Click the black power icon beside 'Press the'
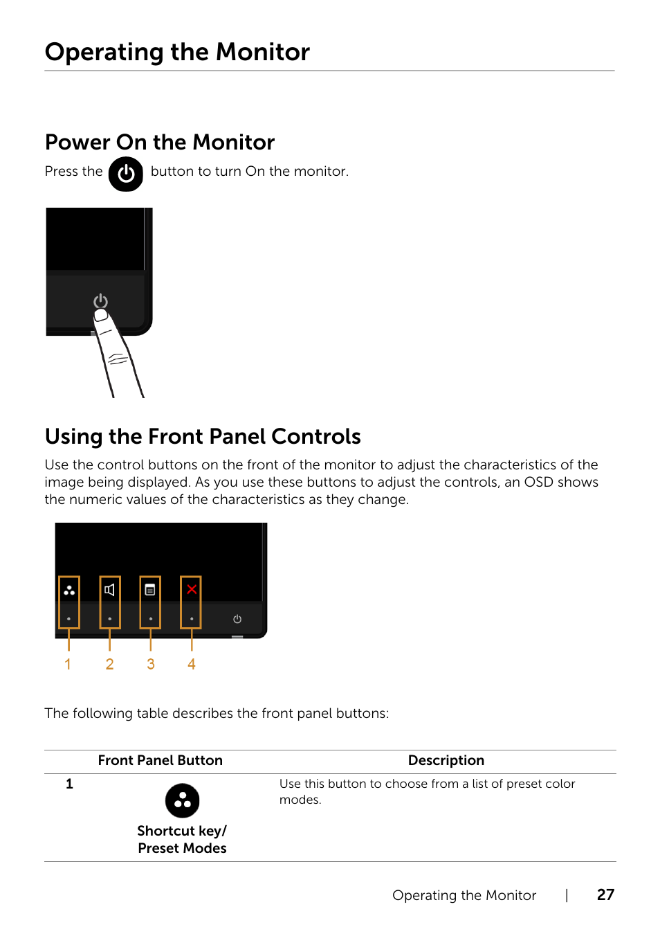[x=126, y=174]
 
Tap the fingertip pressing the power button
[x=102, y=316]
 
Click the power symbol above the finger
[x=101, y=300]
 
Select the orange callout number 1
[x=68, y=665]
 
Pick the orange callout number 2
[x=109, y=665]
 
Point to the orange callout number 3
[x=151, y=665]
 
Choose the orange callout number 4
[x=192, y=665]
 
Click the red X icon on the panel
[x=192, y=589]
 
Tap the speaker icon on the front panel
[x=109, y=590]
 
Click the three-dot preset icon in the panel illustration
[x=69, y=591]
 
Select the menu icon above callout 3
[x=150, y=590]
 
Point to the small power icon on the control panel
[x=237, y=619]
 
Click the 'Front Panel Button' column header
[x=161, y=760]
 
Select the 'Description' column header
[x=446, y=760]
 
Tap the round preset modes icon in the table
[x=183, y=801]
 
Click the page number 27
[x=605, y=895]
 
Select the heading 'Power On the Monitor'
[x=160, y=142]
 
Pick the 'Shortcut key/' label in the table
[x=182, y=831]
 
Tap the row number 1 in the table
[x=69, y=784]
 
